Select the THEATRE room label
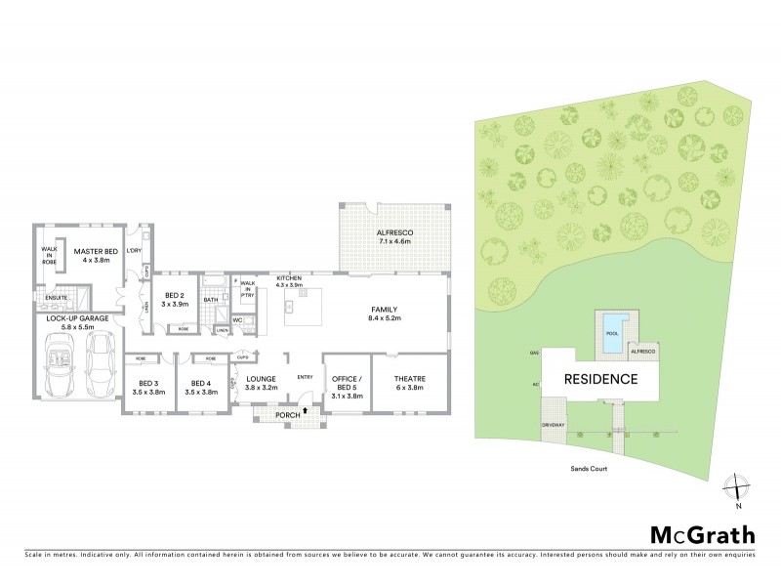408,385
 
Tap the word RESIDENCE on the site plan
600,379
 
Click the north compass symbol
739,488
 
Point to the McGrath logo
702,534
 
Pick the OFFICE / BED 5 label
348,385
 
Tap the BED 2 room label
176,299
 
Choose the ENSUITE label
56,297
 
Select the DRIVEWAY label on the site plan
555,425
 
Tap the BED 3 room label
148,387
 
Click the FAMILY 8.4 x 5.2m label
384,314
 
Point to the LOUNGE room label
263,383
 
